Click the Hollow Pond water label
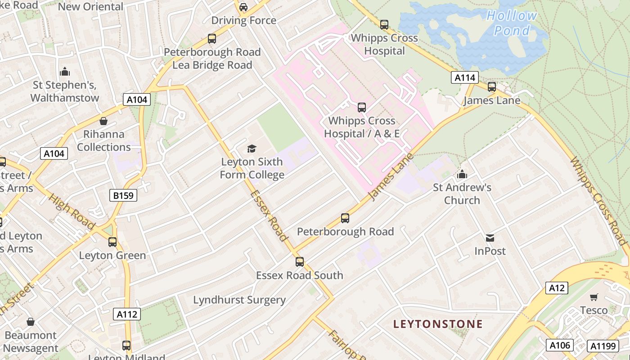coord(512,23)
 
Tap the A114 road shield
coord(465,77)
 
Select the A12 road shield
coord(557,288)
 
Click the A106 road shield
coord(560,345)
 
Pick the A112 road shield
coord(126,314)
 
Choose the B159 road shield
coord(123,195)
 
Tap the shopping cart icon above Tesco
coord(594,297)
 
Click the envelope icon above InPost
coord(490,238)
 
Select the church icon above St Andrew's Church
coord(462,174)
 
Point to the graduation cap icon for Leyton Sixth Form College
coord(252,148)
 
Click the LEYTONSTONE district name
coord(438,324)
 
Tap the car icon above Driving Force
coord(243,7)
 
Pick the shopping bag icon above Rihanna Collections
coord(103,121)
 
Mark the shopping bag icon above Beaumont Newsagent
coord(30,322)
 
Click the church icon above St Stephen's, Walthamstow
coord(65,72)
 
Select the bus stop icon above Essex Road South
coord(300,261)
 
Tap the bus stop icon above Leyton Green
coord(112,242)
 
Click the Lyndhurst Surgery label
coord(239,300)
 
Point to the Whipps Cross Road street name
coord(599,201)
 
